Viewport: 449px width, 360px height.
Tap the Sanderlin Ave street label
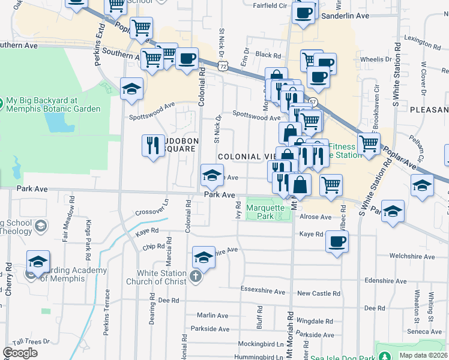(x=343, y=16)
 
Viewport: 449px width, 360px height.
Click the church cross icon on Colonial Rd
(x=194, y=277)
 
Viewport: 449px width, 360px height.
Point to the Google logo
(x=19, y=353)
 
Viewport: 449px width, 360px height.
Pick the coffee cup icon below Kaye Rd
(x=337, y=242)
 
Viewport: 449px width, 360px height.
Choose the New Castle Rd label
(x=318, y=293)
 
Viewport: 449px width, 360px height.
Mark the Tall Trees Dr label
(x=36, y=341)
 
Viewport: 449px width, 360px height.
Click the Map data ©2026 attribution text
(x=423, y=355)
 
